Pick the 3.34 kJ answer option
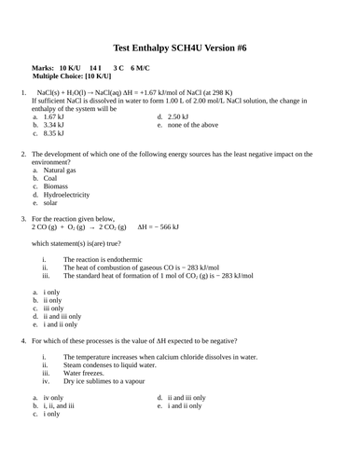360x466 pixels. click(54, 126)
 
